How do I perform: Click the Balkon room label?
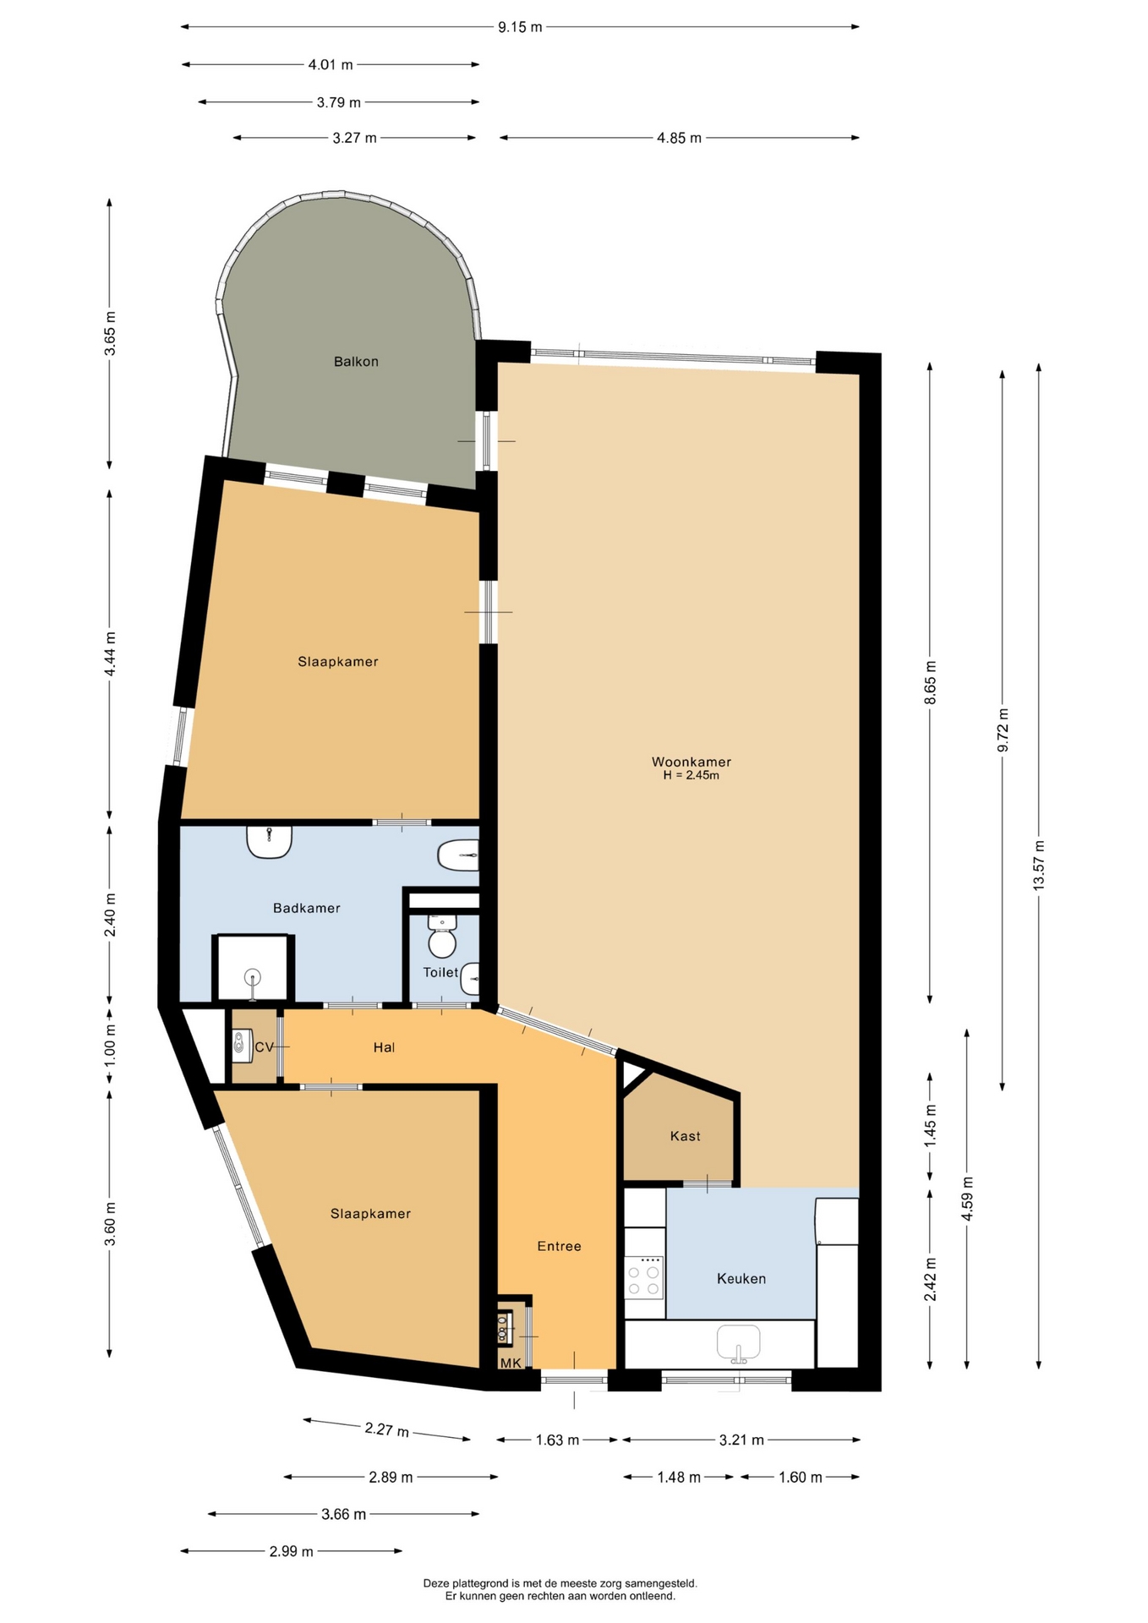coord(356,362)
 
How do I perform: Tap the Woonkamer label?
coord(692,762)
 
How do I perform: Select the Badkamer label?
coord(307,908)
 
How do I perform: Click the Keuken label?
coord(741,1279)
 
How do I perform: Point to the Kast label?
coord(685,1136)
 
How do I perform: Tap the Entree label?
coord(559,1246)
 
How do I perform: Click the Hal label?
coord(385,1047)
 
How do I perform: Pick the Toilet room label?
coord(440,973)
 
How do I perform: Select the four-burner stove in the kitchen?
coord(644,1277)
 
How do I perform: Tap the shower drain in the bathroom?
coord(253,979)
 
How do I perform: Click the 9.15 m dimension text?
coord(520,27)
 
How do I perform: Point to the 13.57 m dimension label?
coord(1039,864)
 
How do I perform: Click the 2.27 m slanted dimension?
coord(386,1429)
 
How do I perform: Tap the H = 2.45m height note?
coord(691,775)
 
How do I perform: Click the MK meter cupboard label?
coord(511,1363)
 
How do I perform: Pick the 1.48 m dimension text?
coord(679,1477)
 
